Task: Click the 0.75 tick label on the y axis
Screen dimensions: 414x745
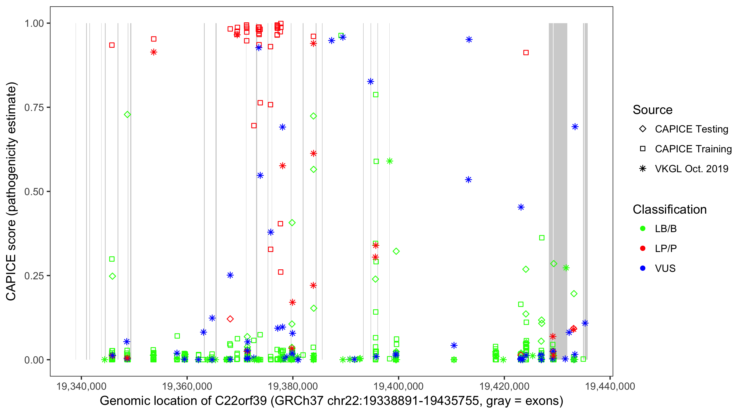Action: click(34, 108)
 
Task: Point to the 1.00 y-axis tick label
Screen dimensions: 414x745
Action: click(34, 23)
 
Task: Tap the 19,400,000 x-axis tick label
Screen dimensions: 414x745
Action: click(398, 386)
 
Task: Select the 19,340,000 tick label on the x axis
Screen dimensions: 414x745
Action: click(81, 386)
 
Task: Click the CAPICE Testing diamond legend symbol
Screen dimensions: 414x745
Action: click(643, 129)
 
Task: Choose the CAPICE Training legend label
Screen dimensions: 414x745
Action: click(693, 149)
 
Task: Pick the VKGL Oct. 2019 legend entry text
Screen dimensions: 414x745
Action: click(691, 169)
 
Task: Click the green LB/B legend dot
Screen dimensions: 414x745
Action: click(643, 229)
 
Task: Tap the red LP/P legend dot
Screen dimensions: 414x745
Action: click(643, 248)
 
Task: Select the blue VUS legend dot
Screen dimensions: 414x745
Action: click(643, 269)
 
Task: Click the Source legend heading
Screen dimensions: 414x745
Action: click(653, 110)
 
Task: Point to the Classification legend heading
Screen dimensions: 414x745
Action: click(669, 209)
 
